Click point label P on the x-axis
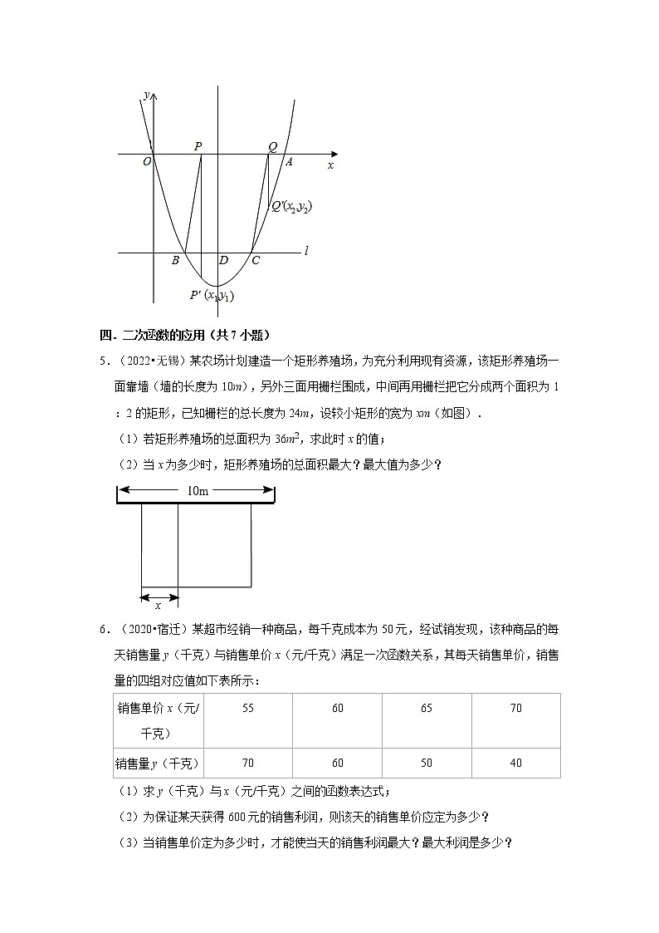point(198,146)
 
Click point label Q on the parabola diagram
point(271,147)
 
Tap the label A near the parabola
point(289,162)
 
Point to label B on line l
point(175,261)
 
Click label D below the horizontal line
point(223,261)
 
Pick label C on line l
point(256,261)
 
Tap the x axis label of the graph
point(330,165)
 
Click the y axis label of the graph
point(146,96)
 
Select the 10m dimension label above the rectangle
point(197,491)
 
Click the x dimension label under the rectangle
point(158,606)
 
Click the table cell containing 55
point(248,708)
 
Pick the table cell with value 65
point(427,708)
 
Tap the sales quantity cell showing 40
point(515,763)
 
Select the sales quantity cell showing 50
point(427,763)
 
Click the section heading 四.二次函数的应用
point(186,335)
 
